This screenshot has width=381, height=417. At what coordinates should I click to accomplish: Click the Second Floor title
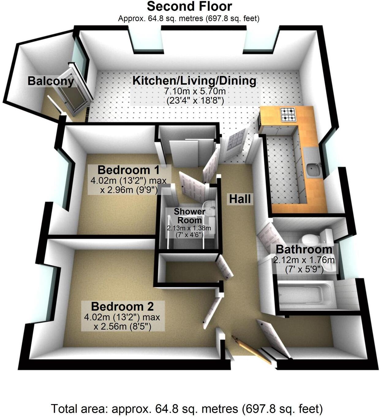click(x=189, y=6)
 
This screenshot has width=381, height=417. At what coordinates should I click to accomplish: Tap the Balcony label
click(x=51, y=81)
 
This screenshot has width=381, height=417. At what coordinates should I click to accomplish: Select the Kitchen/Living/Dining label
click(x=194, y=81)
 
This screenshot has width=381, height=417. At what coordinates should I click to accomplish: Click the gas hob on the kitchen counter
click(x=288, y=114)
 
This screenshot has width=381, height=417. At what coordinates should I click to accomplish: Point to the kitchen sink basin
click(x=313, y=170)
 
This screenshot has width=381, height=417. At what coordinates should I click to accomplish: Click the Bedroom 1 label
click(x=128, y=170)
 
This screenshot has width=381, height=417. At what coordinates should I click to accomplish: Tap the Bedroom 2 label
click(x=122, y=306)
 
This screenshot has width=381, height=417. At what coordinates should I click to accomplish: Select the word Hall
click(x=240, y=199)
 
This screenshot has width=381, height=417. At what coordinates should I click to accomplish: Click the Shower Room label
click(x=189, y=216)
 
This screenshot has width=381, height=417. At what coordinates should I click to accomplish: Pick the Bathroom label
click(x=304, y=249)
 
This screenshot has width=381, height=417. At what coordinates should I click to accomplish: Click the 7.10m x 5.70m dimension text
click(x=194, y=91)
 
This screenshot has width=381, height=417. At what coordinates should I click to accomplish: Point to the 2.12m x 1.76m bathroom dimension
click(x=304, y=260)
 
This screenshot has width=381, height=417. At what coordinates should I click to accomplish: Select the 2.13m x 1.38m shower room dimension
click(x=189, y=228)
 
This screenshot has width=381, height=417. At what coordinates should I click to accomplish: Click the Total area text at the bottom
click(x=187, y=409)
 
